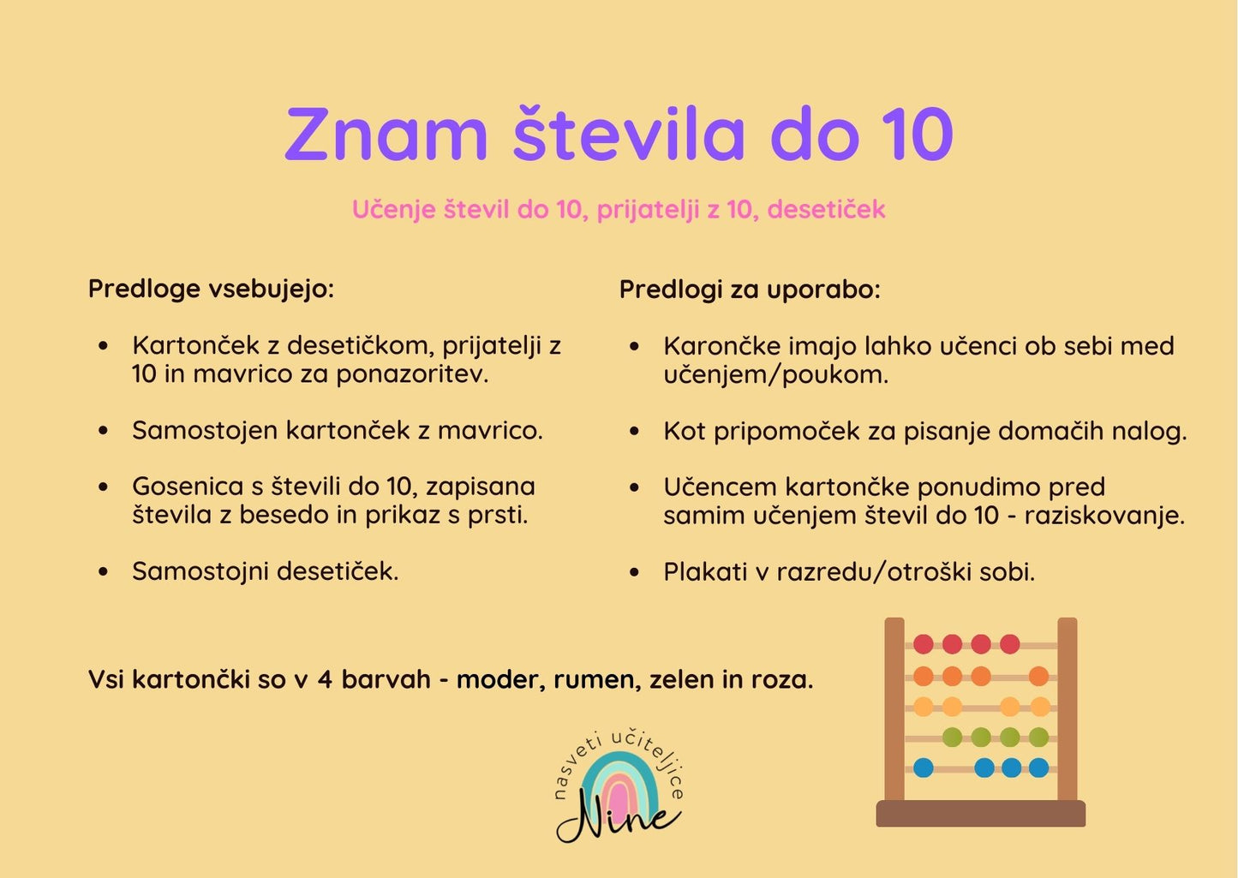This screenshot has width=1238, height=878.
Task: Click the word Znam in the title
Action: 386,135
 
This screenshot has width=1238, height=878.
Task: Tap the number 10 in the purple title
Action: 918,135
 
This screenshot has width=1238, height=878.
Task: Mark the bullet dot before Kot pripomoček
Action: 634,432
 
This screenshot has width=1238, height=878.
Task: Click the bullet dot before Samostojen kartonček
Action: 104,431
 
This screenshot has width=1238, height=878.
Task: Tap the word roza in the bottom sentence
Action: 781,680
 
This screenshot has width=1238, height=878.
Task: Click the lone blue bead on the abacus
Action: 923,768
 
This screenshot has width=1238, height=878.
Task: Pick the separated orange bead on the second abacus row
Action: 1038,677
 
